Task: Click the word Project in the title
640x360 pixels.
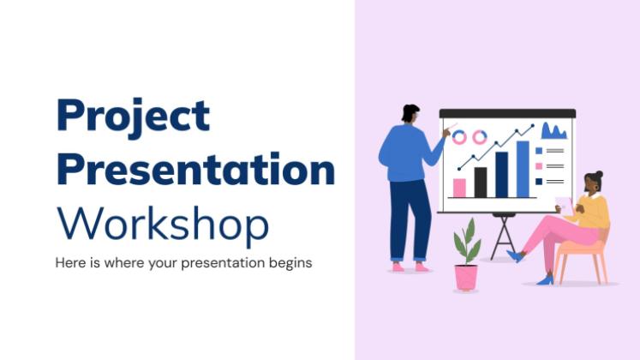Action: [x=133, y=117]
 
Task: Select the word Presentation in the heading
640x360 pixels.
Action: [x=196, y=169]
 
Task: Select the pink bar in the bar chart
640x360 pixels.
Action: [x=459, y=188]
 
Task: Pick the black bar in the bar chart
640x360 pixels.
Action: [x=481, y=183]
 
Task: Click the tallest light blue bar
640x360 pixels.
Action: [x=523, y=170]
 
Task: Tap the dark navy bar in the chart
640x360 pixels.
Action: [x=501, y=175]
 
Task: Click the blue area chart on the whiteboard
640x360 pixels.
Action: [x=553, y=132]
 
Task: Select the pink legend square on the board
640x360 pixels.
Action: [x=539, y=166]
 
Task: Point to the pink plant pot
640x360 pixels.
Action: [x=466, y=278]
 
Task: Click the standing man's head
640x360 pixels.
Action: [x=410, y=113]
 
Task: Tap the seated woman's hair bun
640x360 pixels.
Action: [x=599, y=175]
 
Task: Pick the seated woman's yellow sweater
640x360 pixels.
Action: [x=594, y=211]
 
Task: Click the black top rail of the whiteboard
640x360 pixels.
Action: [x=507, y=113]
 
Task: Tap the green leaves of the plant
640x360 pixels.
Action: [x=467, y=242]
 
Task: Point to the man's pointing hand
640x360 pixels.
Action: [x=446, y=132]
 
